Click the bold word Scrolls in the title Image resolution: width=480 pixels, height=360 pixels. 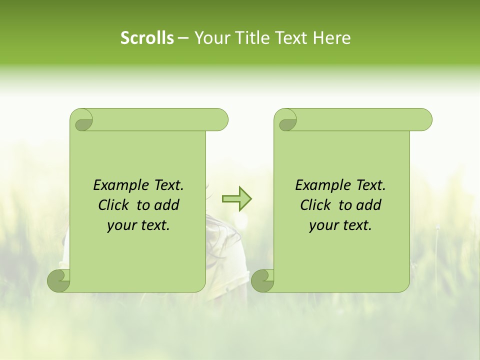pyautogui.click(x=147, y=38)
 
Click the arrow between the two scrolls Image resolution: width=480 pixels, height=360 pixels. pyautogui.click(x=237, y=198)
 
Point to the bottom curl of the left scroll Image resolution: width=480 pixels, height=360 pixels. pyautogui.click(x=59, y=281)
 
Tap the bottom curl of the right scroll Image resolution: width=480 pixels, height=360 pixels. pyautogui.click(x=262, y=281)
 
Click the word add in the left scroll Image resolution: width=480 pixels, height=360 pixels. pyautogui.click(x=167, y=205)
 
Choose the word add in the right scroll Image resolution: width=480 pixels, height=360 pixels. pyautogui.click(x=369, y=205)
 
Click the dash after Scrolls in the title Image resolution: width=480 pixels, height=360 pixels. pyautogui.click(x=183, y=38)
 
